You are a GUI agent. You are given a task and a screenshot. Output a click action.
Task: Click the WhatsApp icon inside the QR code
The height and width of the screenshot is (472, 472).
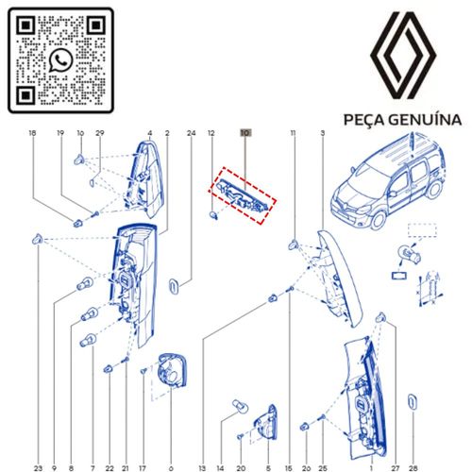coord(62,60)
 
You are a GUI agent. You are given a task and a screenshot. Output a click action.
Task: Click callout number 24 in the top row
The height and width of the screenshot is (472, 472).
coord(191,134)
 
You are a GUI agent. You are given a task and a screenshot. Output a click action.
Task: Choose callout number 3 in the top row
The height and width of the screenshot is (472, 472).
coord(323,134)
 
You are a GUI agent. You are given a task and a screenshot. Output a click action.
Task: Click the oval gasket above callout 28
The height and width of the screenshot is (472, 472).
coord(413,403)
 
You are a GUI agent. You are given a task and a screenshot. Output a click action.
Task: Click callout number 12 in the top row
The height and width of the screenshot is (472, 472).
coord(211,134)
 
